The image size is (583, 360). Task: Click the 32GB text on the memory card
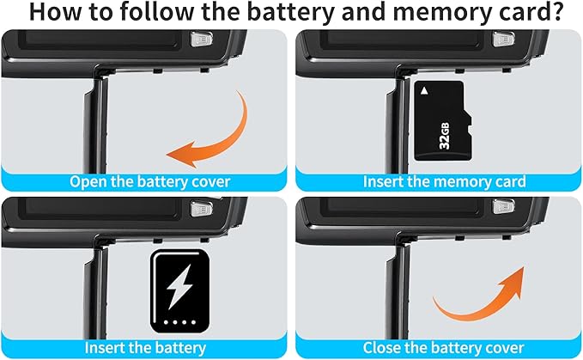[x=444, y=136]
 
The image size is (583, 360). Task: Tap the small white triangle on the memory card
[x=424, y=91]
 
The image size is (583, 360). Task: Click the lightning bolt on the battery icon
[x=179, y=286]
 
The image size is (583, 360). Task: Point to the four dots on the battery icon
[x=179, y=322]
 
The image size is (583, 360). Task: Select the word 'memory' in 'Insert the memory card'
[x=461, y=182]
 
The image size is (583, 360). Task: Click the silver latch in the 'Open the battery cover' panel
[x=202, y=39]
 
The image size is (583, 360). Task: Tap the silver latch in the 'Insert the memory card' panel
[x=503, y=39]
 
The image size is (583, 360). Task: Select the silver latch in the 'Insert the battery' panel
[x=202, y=209]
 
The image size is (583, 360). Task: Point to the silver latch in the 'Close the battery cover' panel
[x=503, y=207]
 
